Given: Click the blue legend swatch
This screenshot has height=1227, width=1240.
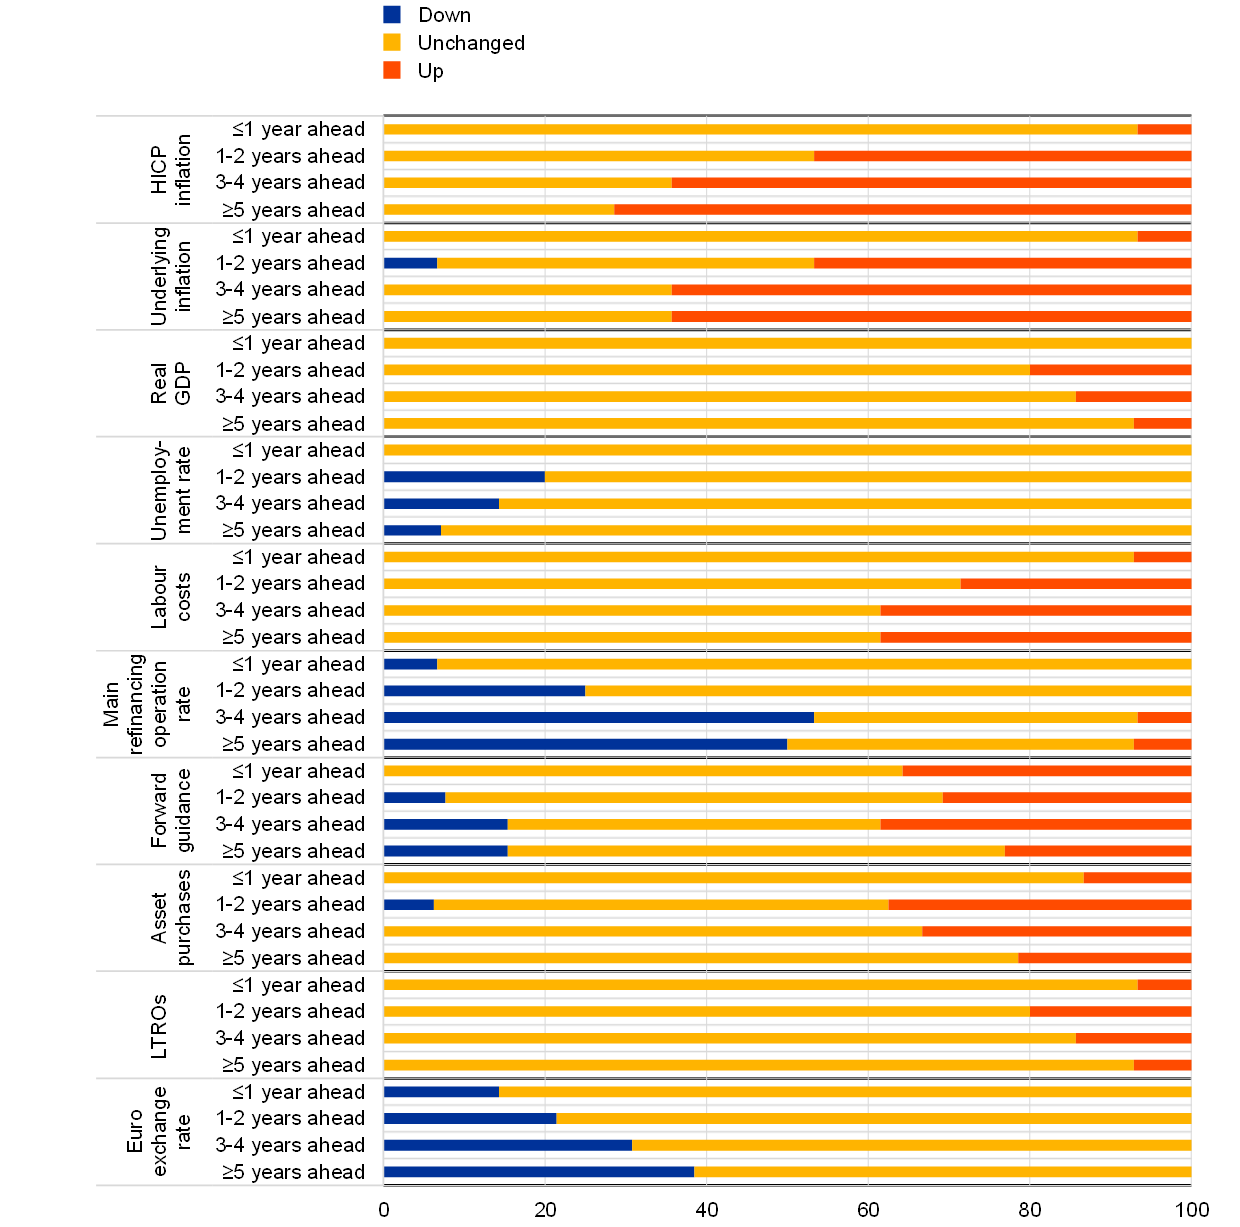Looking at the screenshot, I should [392, 14].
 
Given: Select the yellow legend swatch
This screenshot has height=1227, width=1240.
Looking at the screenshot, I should [392, 42].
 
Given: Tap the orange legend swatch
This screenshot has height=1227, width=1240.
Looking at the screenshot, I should [392, 70].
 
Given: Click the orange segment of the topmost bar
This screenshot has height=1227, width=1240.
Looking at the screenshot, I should [1164, 129].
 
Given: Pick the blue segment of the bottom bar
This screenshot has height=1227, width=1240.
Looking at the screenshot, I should [538, 1172].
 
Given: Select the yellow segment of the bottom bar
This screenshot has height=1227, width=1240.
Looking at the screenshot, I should [942, 1172].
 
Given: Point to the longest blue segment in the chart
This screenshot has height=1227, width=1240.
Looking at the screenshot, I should [598, 717].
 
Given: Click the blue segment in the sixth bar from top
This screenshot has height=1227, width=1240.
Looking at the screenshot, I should [410, 263].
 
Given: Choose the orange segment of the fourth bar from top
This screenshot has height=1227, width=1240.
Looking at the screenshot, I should [902, 210].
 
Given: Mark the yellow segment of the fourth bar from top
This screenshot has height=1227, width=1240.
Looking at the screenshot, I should [498, 210].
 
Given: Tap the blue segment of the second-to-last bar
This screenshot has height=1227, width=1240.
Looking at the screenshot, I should [507, 1145].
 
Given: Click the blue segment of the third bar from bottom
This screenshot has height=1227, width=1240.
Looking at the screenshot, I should [469, 1118].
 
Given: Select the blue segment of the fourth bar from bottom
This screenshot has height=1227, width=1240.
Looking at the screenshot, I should [441, 1092].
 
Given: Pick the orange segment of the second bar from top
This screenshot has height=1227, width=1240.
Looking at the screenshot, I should [1002, 156].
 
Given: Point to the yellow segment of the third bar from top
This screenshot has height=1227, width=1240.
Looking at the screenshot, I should [527, 183].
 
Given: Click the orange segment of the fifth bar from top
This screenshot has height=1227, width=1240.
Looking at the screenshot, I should [1164, 236].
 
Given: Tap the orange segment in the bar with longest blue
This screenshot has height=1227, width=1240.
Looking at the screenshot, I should [1164, 717].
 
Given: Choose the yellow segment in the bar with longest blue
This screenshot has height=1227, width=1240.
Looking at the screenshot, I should [975, 717].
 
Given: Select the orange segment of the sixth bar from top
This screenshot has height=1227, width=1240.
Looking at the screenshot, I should [1002, 263].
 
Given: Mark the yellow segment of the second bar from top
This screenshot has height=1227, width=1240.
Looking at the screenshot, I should [598, 156].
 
